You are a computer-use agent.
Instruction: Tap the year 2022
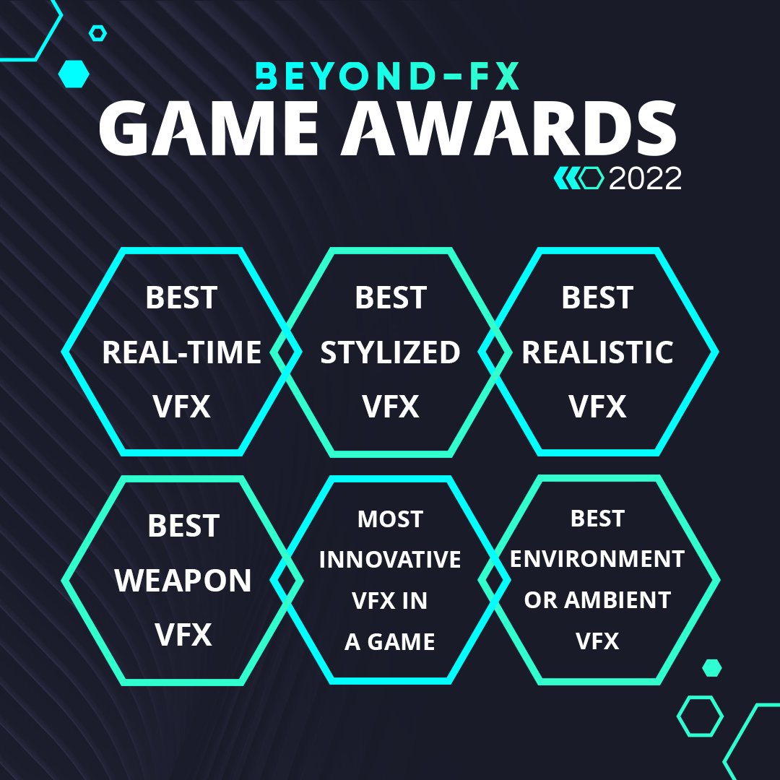pos(645,178)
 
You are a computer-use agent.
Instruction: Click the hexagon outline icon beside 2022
pos(592,178)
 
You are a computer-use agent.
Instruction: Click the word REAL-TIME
pos(181,352)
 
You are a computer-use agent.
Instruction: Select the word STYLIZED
pos(390,352)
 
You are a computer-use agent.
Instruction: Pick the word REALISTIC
pos(597,352)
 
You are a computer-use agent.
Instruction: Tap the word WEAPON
pos(183,581)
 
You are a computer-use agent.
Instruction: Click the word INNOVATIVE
pos(390,560)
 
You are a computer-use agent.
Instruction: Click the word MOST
pos(390,519)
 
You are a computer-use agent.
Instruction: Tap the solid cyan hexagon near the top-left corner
pos(74,74)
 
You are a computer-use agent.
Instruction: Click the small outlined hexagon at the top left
pos(97,32)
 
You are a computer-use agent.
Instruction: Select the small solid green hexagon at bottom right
pos(712,667)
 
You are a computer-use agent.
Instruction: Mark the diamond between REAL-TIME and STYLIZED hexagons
pos(286,352)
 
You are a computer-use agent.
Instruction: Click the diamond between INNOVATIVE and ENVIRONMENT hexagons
pos(494,580)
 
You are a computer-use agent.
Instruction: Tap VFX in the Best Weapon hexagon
pos(183,635)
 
